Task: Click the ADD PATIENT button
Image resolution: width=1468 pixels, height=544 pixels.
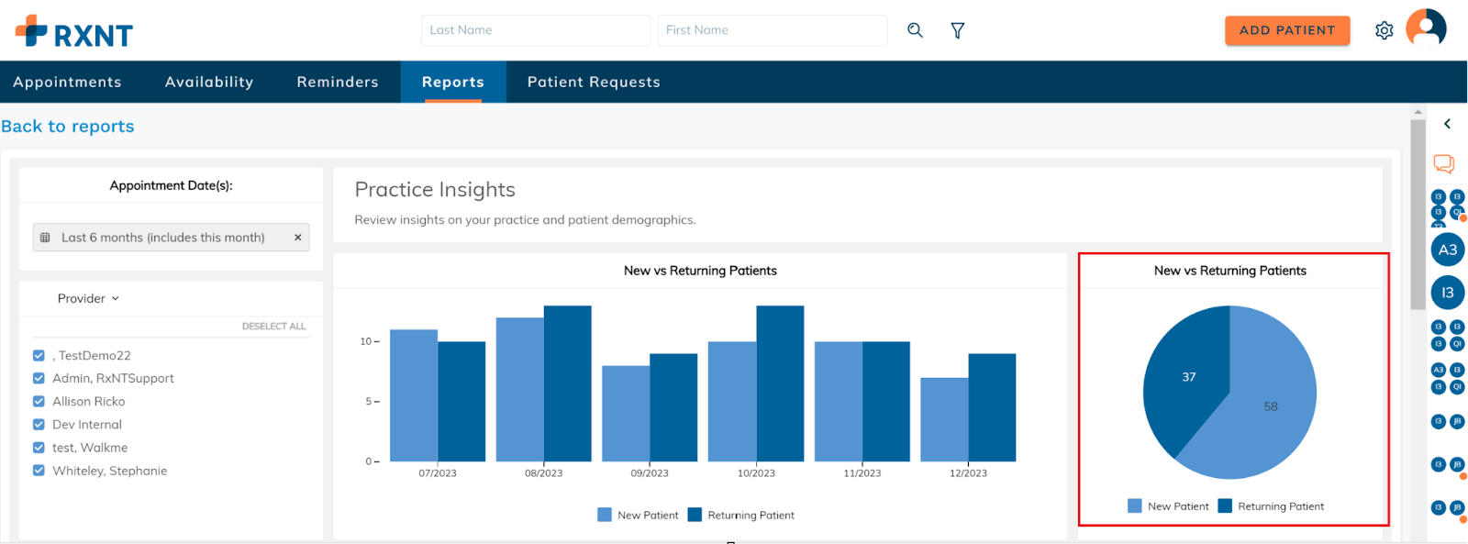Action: (1286, 30)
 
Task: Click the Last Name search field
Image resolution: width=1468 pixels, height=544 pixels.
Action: (535, 30)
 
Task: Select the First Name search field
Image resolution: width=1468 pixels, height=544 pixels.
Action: (772, 30)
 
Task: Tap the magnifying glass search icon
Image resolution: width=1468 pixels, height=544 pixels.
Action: (915, 30)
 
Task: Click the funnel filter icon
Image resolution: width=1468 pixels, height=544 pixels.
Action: (957, 30)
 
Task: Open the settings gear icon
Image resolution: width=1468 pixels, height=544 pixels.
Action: (1384, 30)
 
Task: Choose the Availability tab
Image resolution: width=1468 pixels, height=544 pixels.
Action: (209, 82)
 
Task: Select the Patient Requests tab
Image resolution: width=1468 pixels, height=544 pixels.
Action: (594, 82)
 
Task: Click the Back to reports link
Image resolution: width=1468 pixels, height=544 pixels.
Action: (68, 127)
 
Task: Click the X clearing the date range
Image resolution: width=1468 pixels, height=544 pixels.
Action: (297, 238)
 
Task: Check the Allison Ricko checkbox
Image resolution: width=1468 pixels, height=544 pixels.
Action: (39, 402)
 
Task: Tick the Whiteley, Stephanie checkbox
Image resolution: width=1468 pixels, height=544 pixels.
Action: (39, 471)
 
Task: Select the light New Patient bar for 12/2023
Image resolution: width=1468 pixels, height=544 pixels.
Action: (944, 420)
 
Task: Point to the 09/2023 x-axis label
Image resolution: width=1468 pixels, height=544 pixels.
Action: (650, 473)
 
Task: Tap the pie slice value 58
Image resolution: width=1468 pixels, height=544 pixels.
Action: (1270, 406)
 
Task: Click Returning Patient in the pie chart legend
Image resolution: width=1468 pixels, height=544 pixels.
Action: (1280, 506)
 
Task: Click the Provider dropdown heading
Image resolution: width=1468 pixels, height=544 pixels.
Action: (88, 298)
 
